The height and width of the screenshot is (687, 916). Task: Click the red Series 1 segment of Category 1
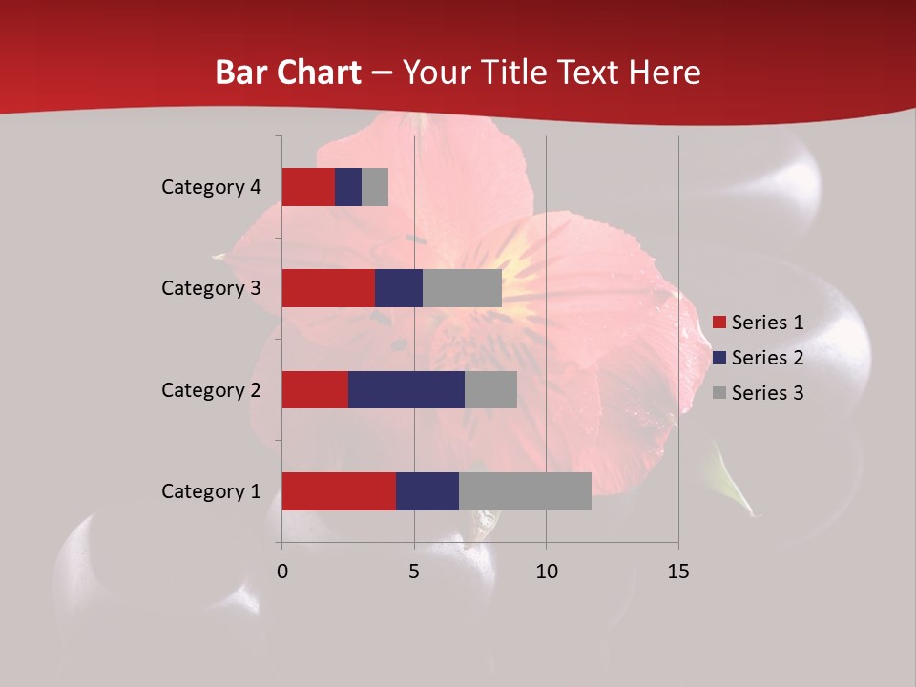[339, 490]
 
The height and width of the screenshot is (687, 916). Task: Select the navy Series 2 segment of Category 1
[427, 490]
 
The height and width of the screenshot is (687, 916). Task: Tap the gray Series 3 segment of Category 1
[525, 490]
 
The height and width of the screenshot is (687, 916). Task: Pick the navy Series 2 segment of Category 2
[406, 389]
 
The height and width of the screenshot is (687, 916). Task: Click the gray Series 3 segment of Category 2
[490, 389]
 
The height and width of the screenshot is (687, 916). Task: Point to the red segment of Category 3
[328, 288]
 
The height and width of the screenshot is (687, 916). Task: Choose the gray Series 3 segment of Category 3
[462, 288]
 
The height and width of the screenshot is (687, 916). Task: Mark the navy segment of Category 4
[348, 187]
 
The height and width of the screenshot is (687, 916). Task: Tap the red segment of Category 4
[308, 187]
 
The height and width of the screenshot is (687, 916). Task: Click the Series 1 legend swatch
[719, 323]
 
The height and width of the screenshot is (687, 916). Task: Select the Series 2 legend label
[767, 358]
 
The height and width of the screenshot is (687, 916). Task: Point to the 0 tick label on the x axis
[282, 572]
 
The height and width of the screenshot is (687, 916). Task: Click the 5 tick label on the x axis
[414, 572]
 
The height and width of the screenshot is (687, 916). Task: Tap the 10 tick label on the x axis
[546, 572]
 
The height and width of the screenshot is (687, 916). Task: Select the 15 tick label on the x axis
[678, 572]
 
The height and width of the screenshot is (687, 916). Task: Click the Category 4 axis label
[211, 187]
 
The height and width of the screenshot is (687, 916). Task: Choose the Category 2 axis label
[211, 389]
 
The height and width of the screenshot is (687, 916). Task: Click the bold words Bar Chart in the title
[288, 73]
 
